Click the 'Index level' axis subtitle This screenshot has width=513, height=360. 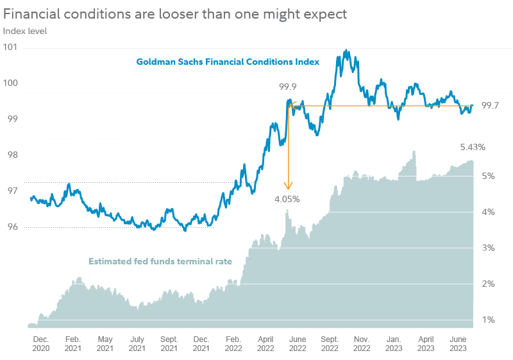[x=24, y=30]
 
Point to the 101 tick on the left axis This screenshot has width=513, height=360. [x=10, y=47]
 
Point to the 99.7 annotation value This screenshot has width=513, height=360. [x=490, y=105]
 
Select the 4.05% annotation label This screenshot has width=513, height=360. [x=287, y=199]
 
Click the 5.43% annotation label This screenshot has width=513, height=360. [x=473, y=147]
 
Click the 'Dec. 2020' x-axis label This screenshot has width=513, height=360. [x=40, y=343]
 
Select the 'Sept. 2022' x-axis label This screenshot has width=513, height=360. [x=330, y=343]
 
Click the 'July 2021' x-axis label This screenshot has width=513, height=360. [x=137, y=343]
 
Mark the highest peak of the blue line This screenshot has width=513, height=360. [x=347, y=50]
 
